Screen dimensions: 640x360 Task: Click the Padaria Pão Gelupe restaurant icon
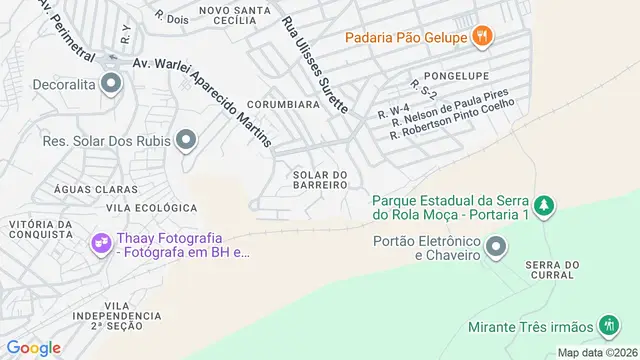(484, 37)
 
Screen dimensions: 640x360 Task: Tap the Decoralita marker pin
(109, 85)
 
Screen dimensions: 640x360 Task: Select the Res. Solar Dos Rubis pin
(186, 140)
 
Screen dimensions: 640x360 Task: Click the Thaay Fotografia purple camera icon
(101, 243)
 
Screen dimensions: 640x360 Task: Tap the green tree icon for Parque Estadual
(544, 205)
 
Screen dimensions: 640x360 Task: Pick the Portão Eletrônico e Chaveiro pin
(495, 247)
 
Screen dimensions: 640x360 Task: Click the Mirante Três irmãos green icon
(608, 326)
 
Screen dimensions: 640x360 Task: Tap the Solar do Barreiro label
(320, 179)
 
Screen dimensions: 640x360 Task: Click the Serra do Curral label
(552, 271)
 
